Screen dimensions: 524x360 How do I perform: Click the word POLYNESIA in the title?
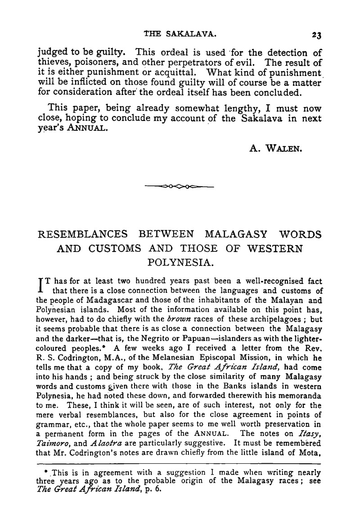(x=180, y=261)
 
